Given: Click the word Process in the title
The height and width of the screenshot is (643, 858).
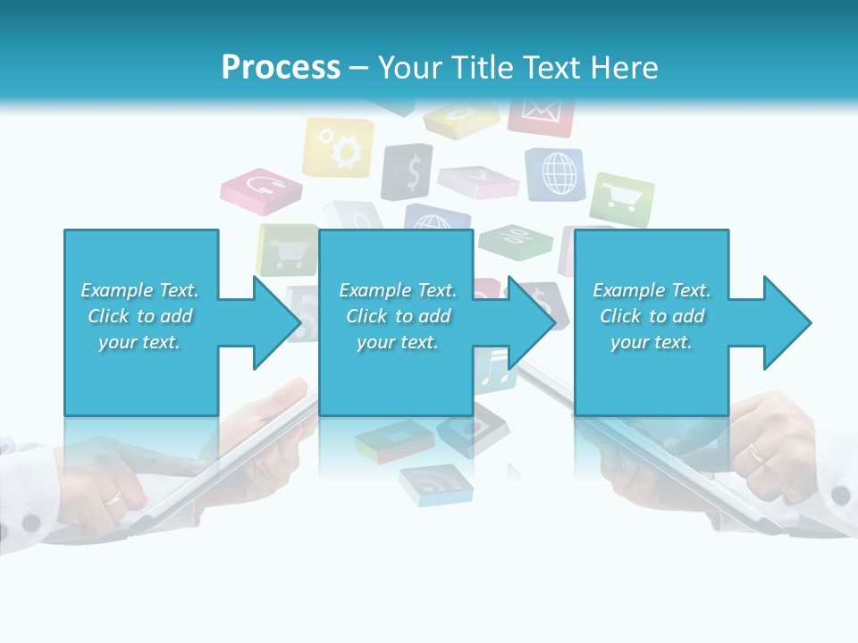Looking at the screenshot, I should [281, 68].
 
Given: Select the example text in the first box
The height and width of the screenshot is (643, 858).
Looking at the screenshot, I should [139, 316].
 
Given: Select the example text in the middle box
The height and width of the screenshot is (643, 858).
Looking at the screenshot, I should [398, 316].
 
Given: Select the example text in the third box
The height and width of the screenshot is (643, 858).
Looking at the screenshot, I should [652, 316].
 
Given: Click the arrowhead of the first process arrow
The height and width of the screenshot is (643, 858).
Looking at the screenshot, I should [277, 322].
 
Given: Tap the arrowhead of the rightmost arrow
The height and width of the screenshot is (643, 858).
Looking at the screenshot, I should [787, 322].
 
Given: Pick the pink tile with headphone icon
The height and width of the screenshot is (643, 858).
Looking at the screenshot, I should [262, 188].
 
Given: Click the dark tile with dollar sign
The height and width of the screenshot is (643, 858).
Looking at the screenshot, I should [408, 171].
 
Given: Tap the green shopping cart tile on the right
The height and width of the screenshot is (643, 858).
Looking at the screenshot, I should [621, 199].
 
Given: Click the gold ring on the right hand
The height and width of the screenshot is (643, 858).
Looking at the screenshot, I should [757, 453].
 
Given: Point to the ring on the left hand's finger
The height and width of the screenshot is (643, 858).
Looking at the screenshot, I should [115, 498].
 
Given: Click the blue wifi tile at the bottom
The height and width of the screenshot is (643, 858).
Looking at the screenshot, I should [436, 485].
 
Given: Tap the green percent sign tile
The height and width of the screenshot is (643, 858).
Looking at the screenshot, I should [516, 238].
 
